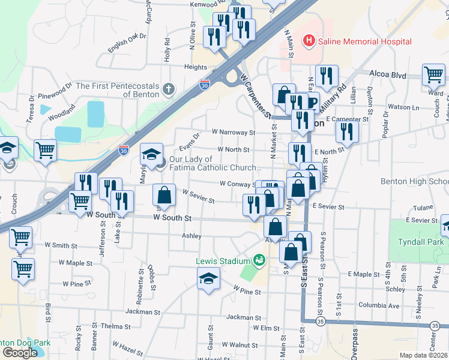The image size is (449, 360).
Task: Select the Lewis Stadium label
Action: pos(222,261)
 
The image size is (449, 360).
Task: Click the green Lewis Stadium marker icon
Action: pos(259,260)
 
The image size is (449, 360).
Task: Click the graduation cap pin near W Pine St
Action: pos(209,278)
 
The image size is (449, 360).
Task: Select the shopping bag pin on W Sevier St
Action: pos(164,194)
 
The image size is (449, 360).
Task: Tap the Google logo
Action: pos(20,353)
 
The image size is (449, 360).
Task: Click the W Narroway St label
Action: pos(234,132)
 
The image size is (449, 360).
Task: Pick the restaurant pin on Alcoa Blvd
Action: pos(326,76)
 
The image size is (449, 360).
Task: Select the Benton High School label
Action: pos(423,182)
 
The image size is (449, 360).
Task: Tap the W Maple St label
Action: pos(79,263)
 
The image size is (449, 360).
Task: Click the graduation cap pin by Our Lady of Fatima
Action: pos(152,154)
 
